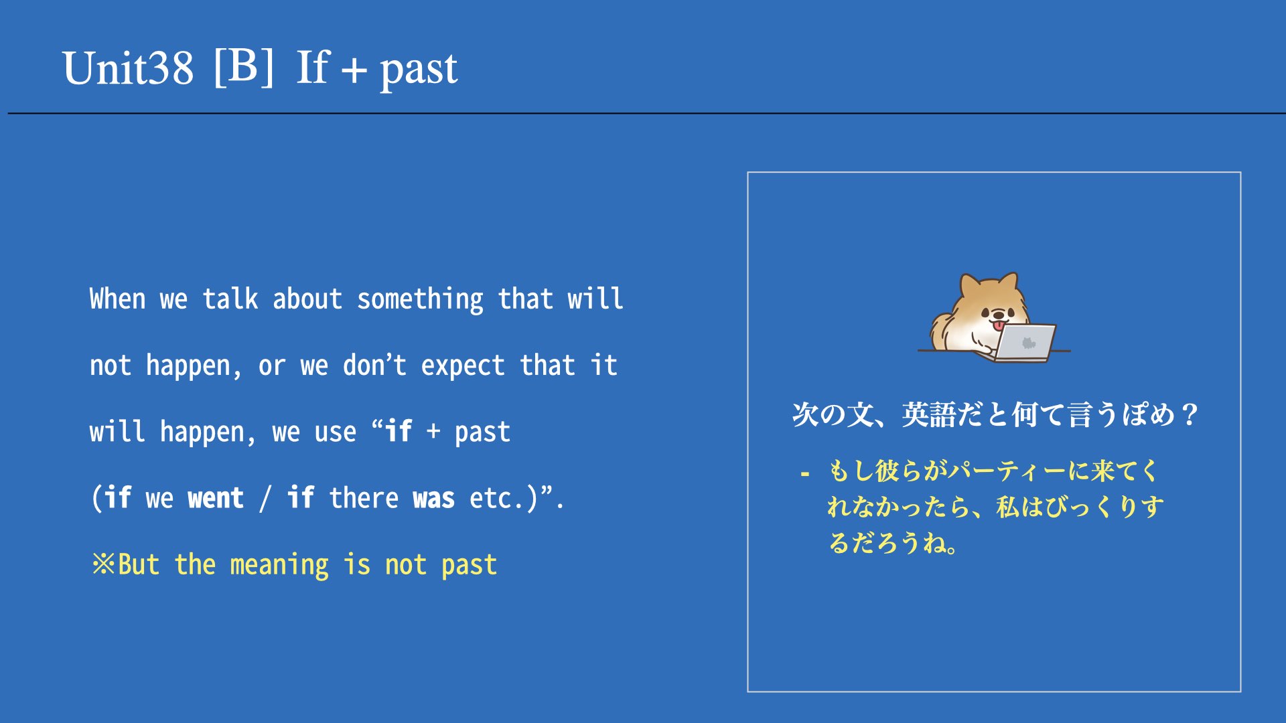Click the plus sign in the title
(354, 70)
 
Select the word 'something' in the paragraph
(420, 299)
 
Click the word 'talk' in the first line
(230, 299)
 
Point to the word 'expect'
(462, 366)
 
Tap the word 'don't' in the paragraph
(374, 365)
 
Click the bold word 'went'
(216, 499)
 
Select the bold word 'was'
(433, 499)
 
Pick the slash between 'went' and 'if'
(266, 499)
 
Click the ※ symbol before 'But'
(104, 564)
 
